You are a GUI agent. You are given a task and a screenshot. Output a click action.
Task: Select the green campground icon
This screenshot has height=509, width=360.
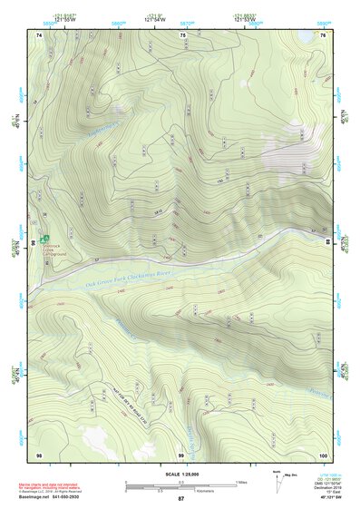pyautogui.click(x=44, y=238)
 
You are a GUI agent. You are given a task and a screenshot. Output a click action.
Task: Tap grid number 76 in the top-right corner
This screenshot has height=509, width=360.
pyautogui.click(x=323, y=35)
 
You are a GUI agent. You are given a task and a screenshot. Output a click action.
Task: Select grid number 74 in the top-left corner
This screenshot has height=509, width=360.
pyautogui.click(x=39, y=35)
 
